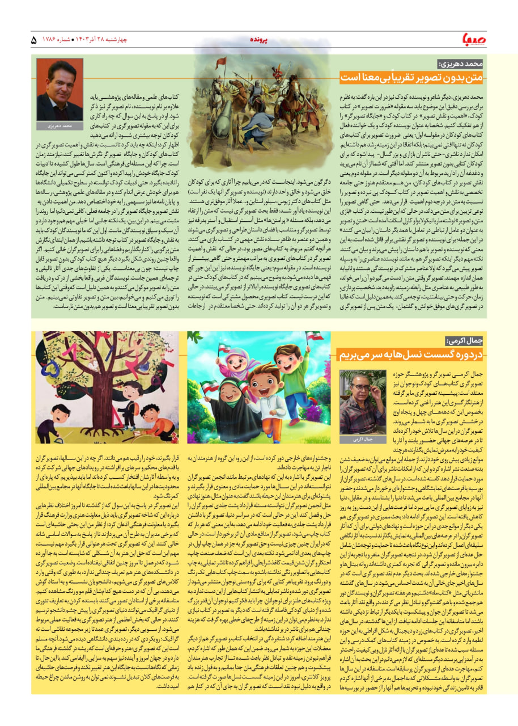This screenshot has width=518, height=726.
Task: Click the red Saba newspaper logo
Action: coord(494,40)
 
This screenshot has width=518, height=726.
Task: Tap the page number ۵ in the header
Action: coord(33,40)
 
